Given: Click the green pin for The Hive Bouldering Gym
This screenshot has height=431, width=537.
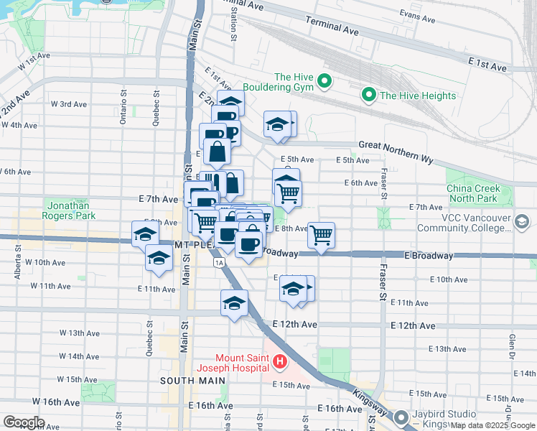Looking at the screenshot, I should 323,82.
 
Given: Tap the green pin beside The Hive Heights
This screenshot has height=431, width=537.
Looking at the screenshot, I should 369,95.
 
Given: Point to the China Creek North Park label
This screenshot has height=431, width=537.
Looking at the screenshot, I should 472,193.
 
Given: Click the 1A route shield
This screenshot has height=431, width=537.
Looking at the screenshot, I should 218,263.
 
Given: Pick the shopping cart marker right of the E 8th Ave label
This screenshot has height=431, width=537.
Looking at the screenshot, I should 321,233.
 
